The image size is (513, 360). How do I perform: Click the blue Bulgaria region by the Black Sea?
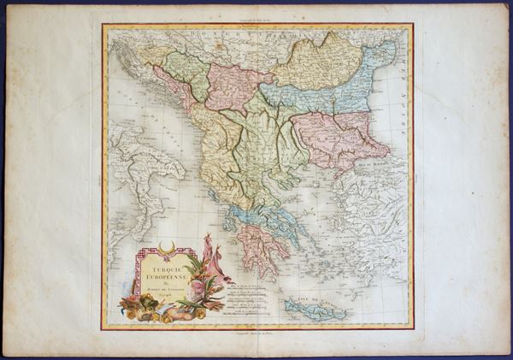point(321,94)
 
